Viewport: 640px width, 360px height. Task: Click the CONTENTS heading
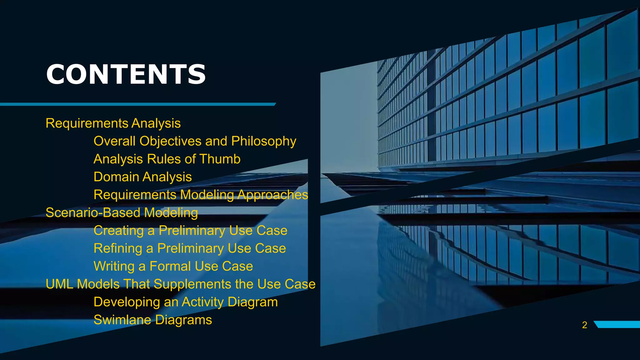126,74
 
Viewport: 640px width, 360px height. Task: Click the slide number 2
584,325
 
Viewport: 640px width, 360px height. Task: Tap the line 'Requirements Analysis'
113,123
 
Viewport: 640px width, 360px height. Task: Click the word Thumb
220,159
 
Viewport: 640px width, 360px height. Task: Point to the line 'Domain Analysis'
142,177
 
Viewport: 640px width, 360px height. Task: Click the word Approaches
272,195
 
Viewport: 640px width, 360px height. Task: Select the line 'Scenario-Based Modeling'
122,213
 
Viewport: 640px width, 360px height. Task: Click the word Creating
118,231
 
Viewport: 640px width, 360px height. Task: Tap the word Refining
118,248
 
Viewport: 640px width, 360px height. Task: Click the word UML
59,284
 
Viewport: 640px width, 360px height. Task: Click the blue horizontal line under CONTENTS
137,104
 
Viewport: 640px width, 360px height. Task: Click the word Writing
114,267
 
